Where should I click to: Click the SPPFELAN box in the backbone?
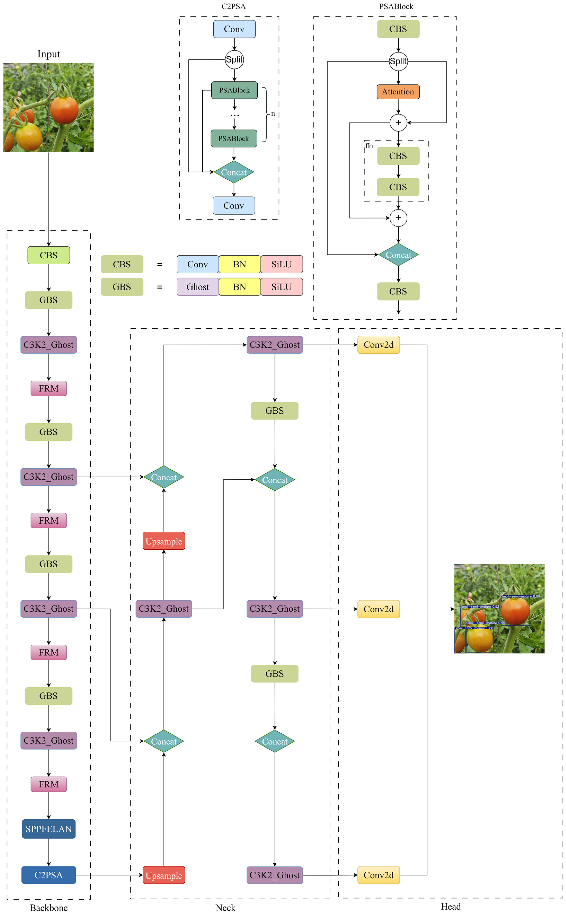[x=49, y=829]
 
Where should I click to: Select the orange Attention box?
[x=398, y=92]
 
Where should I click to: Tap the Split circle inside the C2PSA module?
[x=234, y=60]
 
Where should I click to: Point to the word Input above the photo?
[x=49, y=54]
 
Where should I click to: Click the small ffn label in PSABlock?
[x=369, y=146]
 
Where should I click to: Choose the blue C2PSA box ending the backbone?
[x=49, y=875]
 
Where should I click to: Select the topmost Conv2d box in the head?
[x=378, y=345]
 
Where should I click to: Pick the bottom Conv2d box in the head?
[x=378, y=875]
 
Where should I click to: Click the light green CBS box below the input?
[x=49, y=255]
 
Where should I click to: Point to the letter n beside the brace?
[x=273, y=114]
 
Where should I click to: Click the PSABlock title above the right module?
[x=396, y=6]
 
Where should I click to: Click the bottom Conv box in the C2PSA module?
[x=234, y=206]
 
